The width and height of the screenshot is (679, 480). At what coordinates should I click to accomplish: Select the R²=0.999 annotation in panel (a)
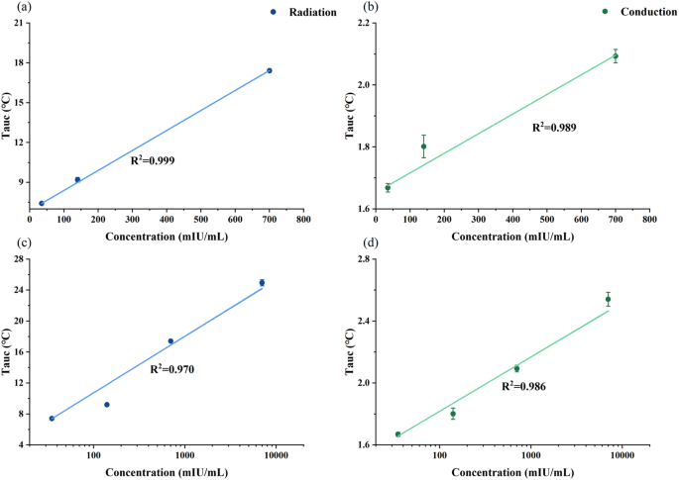[x=154, y=158]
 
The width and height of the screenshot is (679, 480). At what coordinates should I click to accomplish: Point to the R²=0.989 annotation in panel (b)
[x=554, y=127]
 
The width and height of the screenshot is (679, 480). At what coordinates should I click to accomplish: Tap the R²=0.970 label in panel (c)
[x=172, y=368]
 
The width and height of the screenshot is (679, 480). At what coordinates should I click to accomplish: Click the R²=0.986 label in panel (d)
[x=524, y=386]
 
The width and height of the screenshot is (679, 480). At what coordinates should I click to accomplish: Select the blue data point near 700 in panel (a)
[x=269, y=70]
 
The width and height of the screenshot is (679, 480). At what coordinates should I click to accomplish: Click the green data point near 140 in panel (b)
[x=423, y=146]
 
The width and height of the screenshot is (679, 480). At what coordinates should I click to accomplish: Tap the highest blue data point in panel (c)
[x=262, y=283]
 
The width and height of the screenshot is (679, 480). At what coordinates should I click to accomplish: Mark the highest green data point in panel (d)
[x=608, y=299]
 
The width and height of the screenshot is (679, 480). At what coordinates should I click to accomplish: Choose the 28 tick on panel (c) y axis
[x=20, y=258]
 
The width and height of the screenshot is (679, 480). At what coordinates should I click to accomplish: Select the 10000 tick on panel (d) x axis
[x=622, y=455]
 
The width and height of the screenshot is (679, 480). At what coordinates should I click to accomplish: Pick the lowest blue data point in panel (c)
[x=52, y=419]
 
